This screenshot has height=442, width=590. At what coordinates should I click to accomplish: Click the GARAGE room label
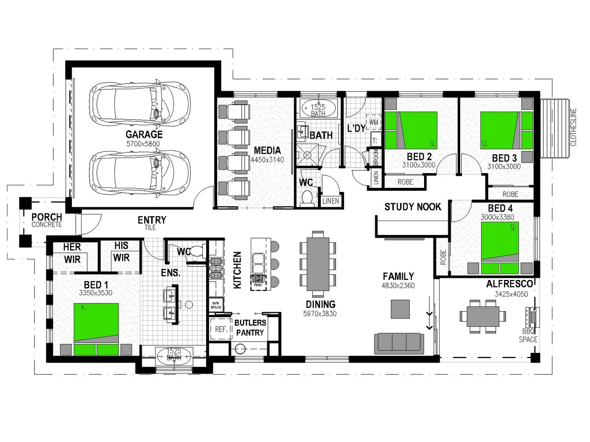[x=144, y=134]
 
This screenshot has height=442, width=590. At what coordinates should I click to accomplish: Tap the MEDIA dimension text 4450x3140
[x=267, y=160]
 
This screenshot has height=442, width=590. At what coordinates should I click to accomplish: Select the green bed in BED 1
[x=96, y=329]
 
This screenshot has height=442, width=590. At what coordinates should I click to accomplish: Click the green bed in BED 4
[x=500, y=248]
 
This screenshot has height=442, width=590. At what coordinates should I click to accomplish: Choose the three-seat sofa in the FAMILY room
[x=399, y=343]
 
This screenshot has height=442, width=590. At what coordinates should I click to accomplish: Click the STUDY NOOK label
[x=413, y=207]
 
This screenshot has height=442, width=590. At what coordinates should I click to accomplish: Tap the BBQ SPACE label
[x=528, y=336]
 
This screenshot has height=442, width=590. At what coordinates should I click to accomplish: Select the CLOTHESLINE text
[x=573, y=127]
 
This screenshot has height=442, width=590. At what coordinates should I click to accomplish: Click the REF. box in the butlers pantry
[x=221, y=329]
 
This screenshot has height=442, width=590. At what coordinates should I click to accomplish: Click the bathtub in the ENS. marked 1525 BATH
[x=174, y=354]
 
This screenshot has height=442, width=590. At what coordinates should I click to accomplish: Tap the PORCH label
[x=47, y=217]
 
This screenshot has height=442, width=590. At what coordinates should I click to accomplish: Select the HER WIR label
[x=72, y=253]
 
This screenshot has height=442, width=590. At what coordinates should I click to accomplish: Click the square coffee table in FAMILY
[x=400, y=309]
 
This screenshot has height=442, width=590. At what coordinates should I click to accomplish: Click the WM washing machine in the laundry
[x=374, y=122]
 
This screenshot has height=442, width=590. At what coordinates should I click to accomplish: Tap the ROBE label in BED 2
[x=405, y=182]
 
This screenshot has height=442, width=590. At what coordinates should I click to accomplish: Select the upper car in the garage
[x=140, y=102]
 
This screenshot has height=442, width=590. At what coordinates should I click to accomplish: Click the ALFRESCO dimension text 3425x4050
[x=511, y=294]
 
